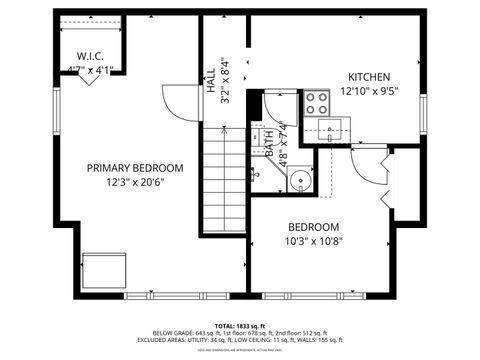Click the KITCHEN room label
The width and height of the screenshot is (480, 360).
369,77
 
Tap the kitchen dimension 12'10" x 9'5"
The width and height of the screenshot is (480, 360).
369,91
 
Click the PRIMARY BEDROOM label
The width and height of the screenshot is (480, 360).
135,168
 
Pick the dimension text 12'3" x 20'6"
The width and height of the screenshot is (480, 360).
135,182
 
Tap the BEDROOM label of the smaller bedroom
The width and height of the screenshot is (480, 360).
313,227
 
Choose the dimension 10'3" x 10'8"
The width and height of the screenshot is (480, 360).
313,241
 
